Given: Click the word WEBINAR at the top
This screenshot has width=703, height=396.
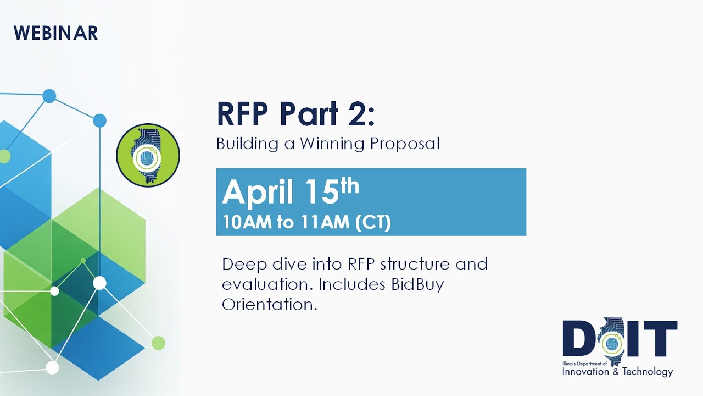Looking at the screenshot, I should pyautogui.click(x=56, y=33).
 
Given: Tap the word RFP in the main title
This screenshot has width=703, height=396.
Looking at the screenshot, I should pyautogui.click(x=242, y=114).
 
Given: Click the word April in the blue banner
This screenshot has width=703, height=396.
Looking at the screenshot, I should pyautogui.click(x=256, y=193).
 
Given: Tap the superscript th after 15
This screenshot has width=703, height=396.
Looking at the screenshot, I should pyautogui.click(x=349, y=186).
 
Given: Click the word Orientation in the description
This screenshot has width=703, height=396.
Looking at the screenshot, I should pyautogui.click(x=269, y=304).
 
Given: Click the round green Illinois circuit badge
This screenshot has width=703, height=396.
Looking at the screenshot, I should pyautogui.click(x=148, y=155).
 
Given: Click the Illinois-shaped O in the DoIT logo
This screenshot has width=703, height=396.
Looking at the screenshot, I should pyautogui.click(x=609, y=342).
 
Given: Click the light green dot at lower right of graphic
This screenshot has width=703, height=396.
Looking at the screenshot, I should pyautogui.click(x=158, y=343).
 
